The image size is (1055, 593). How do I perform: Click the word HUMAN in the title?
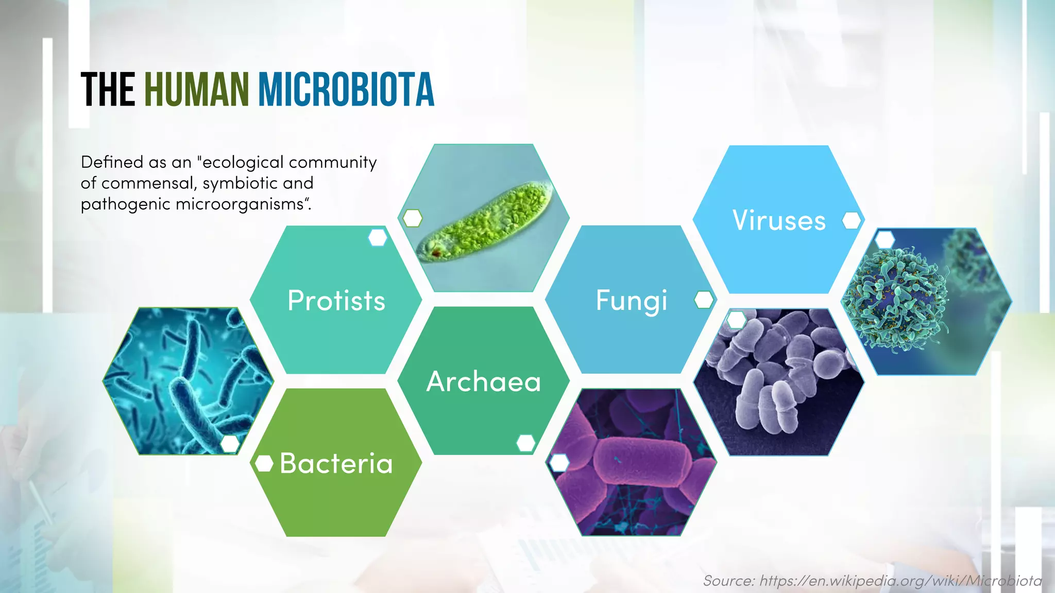tap(197, 90)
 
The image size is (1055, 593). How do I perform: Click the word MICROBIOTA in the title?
tap(346, 90)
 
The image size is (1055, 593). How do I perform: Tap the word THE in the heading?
tap(108, 90)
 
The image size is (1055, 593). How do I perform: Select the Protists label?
tap(336, 301)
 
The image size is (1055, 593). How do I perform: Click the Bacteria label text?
tap(336, 463)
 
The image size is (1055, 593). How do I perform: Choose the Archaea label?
tap(484, 381)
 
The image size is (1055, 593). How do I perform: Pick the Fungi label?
tap(632, 301)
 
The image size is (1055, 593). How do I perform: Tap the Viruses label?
tap(779, 220)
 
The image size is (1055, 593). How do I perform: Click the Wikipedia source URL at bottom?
tap(900, 581)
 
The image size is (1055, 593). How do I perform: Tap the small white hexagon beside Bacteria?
tap(264, 463)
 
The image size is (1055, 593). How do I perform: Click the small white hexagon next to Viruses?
tap(852, 220)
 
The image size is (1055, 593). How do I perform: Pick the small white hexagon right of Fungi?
tap(704, 300)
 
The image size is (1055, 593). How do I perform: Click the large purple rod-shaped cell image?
tap(631, 462)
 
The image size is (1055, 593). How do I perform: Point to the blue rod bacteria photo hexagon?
tap(188, 381)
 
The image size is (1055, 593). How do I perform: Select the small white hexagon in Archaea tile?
tap(525, 443)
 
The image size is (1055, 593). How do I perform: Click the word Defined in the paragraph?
tap(112, 162)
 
